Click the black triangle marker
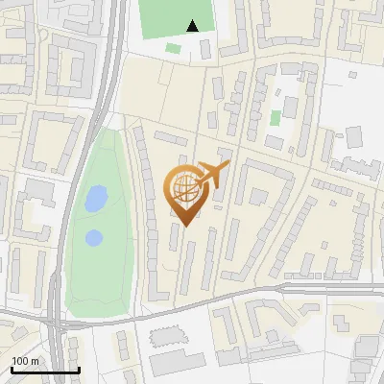click(193, 26)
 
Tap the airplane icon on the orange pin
click(212, 174)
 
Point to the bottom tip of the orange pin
click(185, 227)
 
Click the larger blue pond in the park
click(96, 199)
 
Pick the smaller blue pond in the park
click(93, 237)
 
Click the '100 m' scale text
click(25, 361)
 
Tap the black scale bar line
click(45, 370)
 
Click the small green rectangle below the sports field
click(173, 48)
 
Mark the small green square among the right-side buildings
click(276, 118)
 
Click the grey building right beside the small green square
click(287, 108)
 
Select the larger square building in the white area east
click(353, 136)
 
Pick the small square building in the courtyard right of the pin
click(259, 196)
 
